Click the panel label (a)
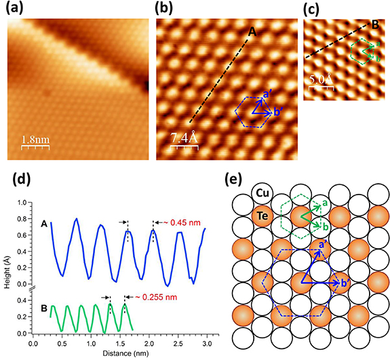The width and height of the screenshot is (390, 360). point(16,8)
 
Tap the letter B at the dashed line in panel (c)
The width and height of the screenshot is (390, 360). point(374,25)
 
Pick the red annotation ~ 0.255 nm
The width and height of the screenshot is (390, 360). point(153,297)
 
